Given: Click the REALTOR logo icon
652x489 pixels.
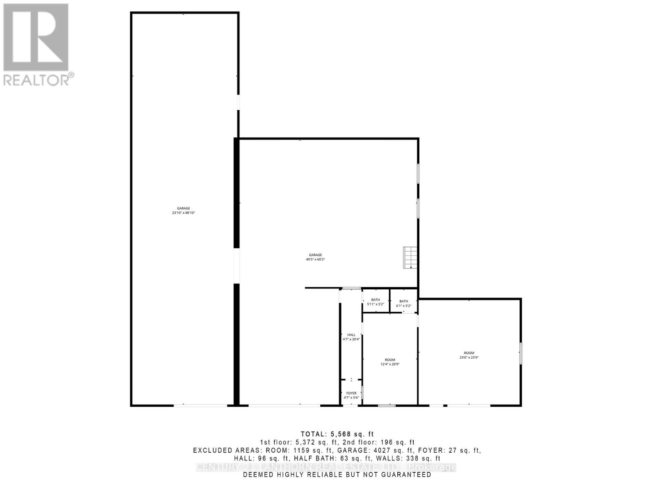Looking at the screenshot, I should click(36, 37).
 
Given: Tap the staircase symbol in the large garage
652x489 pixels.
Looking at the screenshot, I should click(410, 258).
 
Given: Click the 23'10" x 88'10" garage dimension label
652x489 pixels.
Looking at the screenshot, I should click(183, 213).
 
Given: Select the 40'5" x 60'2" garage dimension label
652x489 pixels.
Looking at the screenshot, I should click(315, 259).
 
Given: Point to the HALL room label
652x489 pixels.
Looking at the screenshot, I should click(351, 335).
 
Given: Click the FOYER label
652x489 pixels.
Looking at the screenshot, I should click(351, 393).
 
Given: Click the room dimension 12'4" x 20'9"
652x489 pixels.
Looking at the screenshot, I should click(390, 364).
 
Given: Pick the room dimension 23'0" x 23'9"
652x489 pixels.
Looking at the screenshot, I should click(469, 357).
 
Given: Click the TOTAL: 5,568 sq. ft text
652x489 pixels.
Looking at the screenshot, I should click(337, 434).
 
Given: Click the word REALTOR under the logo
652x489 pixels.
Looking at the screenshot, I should click(37, 79).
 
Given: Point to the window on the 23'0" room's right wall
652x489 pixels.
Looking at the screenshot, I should click(520, 353).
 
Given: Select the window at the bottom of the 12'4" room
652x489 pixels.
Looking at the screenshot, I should click(387, 405).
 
